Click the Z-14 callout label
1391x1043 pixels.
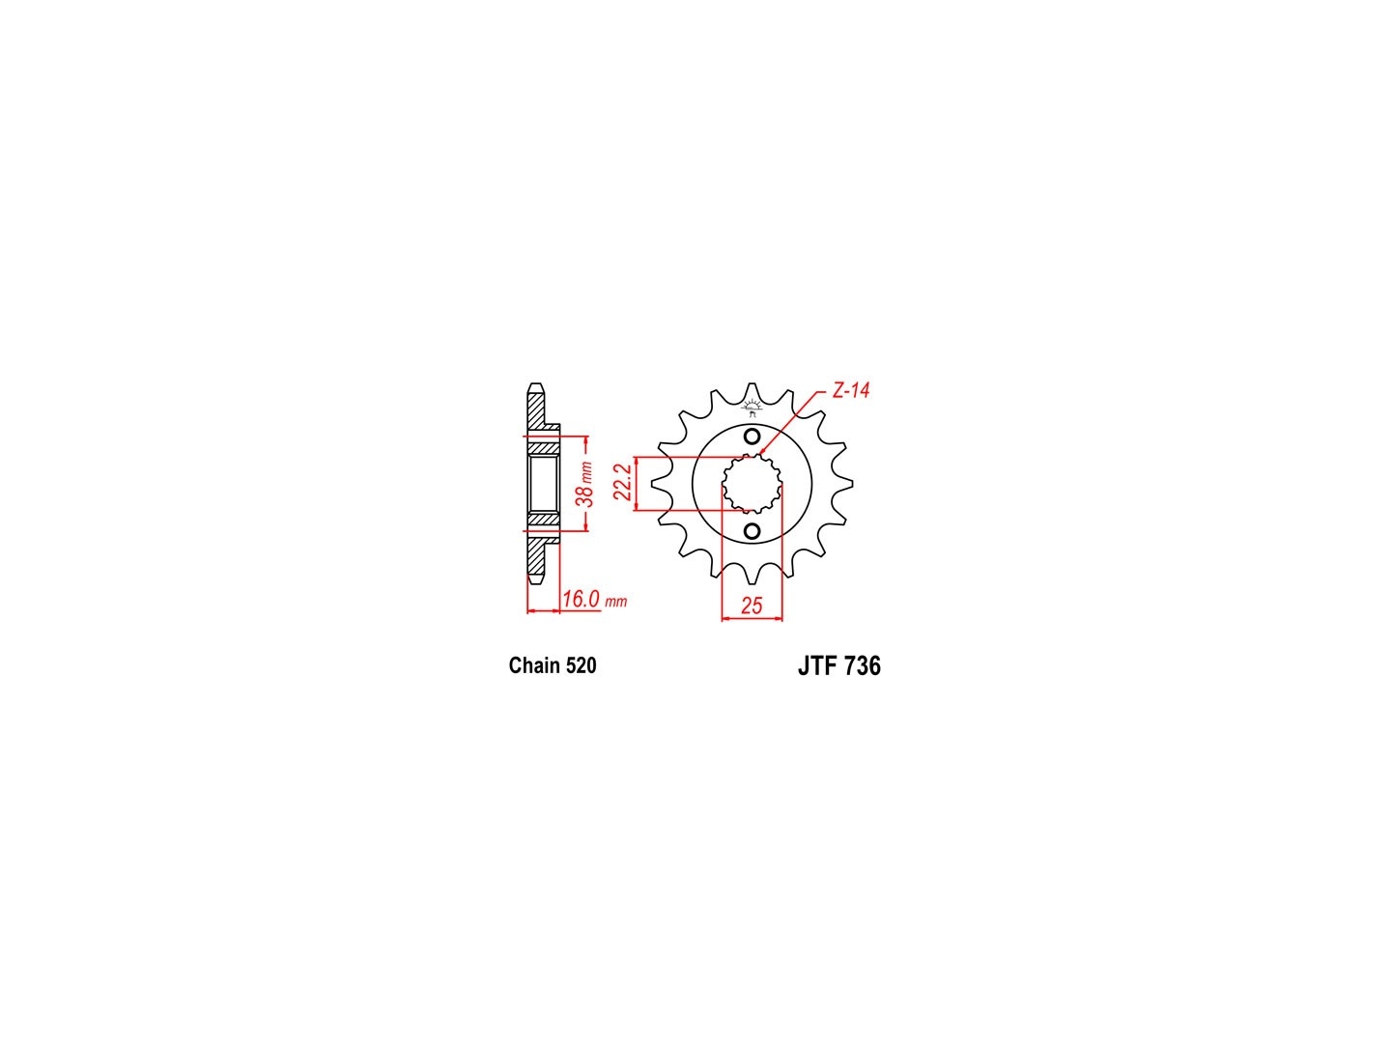(x=850, y=391)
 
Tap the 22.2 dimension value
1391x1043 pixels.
(x=623, y=482)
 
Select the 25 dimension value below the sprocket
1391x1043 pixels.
(x=751, y=606)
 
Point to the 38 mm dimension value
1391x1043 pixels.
(x=585, y=483)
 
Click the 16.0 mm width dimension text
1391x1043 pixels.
(x=594, y=598)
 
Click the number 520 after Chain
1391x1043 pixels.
(x=582, y=665)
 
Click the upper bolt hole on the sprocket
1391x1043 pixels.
(x=752, y=437)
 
